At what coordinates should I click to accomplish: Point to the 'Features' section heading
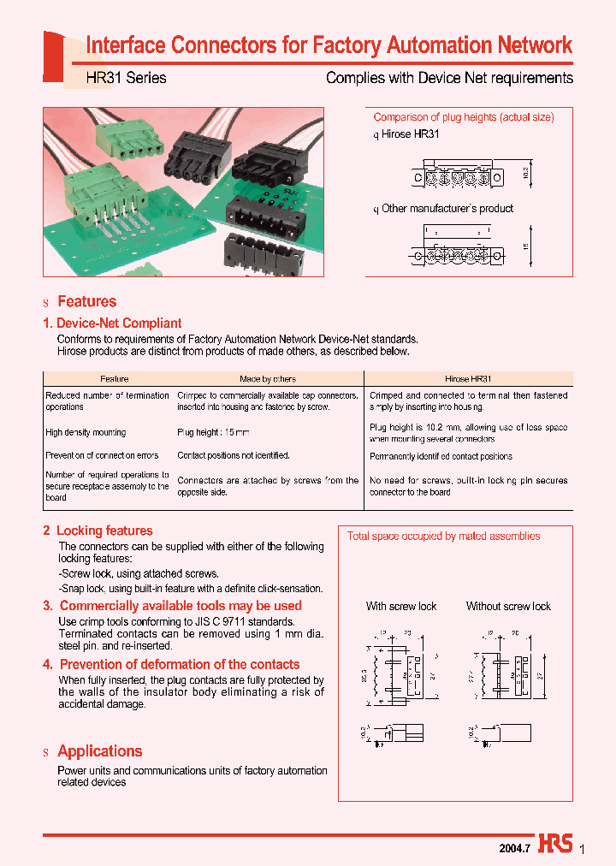(86, 301)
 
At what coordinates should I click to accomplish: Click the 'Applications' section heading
(99, 751)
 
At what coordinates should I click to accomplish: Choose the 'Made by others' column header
(268, 378)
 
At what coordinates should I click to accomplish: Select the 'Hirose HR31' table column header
(468, 378)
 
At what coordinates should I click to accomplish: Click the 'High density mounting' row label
(86, 433)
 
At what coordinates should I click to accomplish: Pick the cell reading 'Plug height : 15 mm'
(214, 433)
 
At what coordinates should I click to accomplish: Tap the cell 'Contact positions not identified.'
(234, 456)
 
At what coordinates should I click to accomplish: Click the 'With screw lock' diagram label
(401, 606)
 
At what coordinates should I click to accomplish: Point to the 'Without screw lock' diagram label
(508, 606)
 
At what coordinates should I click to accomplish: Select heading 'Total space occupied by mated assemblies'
(443, 537)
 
